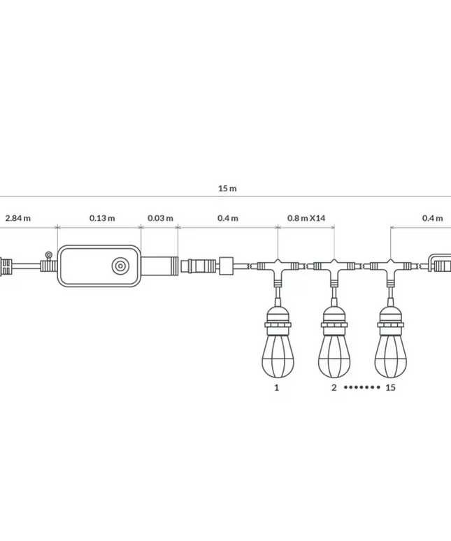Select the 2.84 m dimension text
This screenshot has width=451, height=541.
(x=17, y=218)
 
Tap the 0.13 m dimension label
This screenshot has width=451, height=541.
(x=102, y=218)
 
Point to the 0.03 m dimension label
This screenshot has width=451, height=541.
(x=160, y=218)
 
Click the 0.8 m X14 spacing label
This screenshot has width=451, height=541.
(x=306, y=218)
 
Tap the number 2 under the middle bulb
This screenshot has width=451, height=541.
(x=334, y=387)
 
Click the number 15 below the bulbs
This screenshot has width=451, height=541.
(x=390, y=387)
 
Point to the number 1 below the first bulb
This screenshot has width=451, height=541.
(x=277, y=387)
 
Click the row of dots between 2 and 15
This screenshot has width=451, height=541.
(x=361, y=387)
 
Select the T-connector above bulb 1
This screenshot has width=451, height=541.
(x=278, y=267)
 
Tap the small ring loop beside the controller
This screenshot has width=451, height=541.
(x=48, y=255)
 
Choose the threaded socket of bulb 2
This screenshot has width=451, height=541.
(x=334, y=322)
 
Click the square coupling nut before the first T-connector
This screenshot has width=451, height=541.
(x=227, y=266)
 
